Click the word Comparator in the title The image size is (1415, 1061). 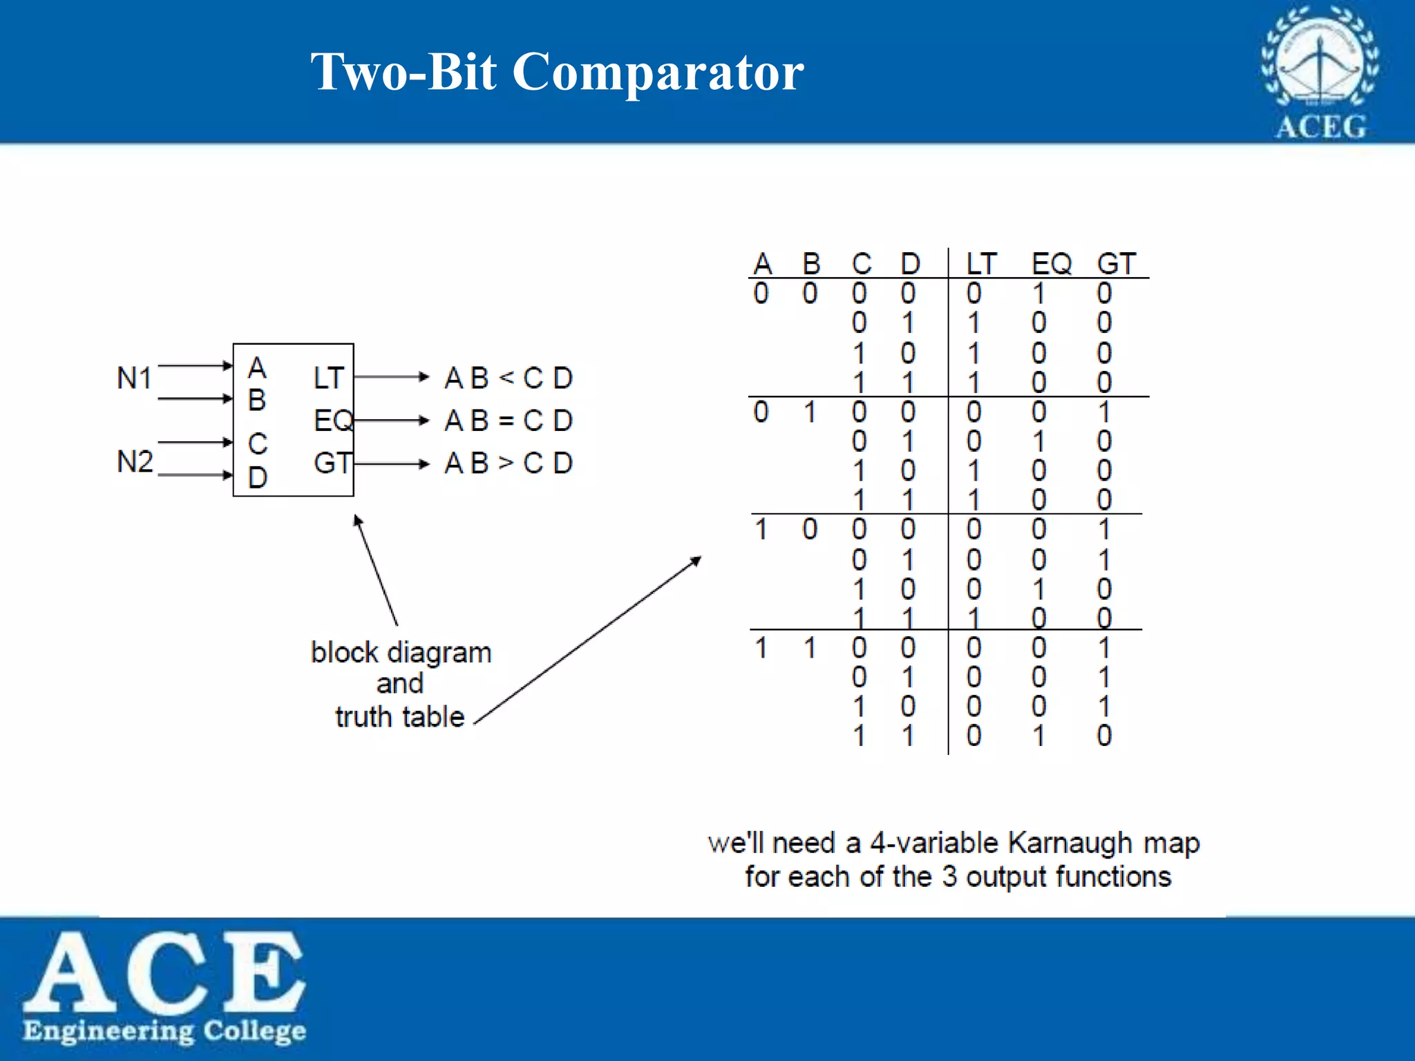click(658, 72)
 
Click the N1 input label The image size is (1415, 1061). click(134, 379)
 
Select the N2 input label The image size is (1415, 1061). click(135, 461)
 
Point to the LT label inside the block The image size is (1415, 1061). click(328, 378)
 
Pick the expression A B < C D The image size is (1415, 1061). click(509, 378)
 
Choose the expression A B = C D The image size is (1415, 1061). click(509, 421)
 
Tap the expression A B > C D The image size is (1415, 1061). click(509, 463)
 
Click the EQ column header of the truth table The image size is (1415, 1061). click(1051, 264)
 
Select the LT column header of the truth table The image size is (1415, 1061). click(981, 264)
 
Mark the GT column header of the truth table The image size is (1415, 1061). click(1116, 264)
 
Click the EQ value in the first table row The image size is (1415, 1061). click(1038, 294)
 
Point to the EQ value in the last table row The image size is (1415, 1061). click(1038, 736)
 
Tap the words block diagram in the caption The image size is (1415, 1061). click(401, 653)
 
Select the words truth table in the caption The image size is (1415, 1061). click(399, 717)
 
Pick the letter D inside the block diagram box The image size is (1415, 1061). click(258, 477)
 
